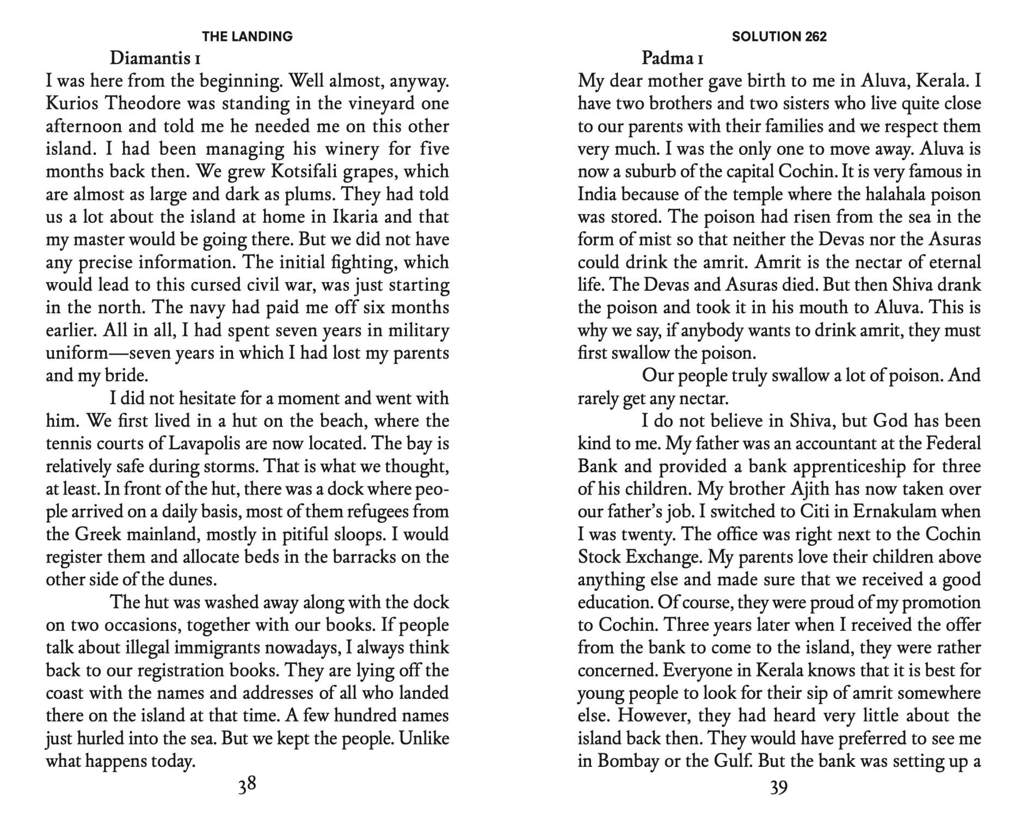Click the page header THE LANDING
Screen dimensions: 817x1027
(x=247, y=36)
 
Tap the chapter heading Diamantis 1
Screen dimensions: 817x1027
(x=155, y=58)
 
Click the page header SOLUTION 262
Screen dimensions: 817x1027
(x=779, y=36)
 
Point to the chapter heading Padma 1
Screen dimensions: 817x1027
(x=673, y=58)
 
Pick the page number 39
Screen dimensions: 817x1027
(x=779, y=787)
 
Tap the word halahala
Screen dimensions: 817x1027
(x=895, y=194)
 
